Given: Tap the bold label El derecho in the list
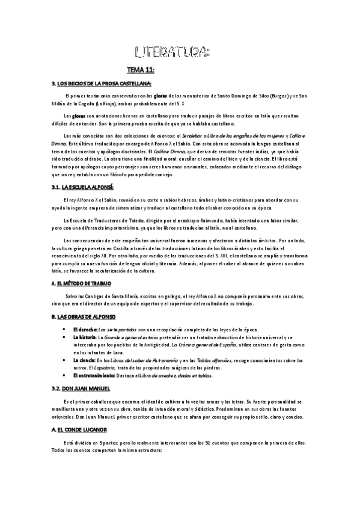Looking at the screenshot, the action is click(x=84, y=330).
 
